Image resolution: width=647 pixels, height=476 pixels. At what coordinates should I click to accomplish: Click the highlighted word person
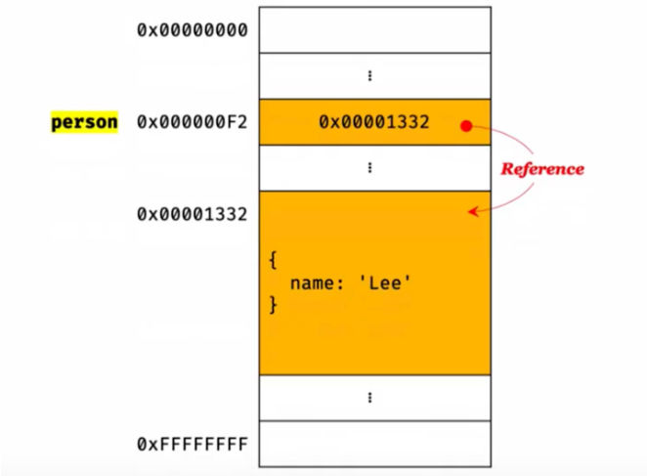pos(84,123)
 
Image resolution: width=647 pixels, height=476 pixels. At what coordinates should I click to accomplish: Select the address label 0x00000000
pos(192,30)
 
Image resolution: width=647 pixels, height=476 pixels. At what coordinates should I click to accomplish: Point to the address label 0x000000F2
pos(192,123)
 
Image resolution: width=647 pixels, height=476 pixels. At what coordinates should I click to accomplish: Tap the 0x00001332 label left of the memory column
pos(192,214)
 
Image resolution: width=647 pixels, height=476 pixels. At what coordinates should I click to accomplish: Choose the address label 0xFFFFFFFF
pos(192,445)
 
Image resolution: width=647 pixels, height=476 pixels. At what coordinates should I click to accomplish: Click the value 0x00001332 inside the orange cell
pos(374,123)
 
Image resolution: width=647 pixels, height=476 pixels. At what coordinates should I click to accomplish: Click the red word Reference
pos(542,169)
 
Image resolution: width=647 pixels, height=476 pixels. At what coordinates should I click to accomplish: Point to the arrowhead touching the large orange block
pos(473,209)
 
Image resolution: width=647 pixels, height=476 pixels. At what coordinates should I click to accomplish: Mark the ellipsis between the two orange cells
pos(369,168)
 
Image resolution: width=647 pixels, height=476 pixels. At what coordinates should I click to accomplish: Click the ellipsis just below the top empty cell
pos(369,75)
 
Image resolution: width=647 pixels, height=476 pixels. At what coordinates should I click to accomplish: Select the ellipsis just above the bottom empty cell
pos(369,398)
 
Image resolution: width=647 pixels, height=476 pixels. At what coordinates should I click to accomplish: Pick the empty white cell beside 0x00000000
pos(374,30)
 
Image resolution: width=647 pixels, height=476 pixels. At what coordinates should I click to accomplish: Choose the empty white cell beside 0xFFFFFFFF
pos(374,445)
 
